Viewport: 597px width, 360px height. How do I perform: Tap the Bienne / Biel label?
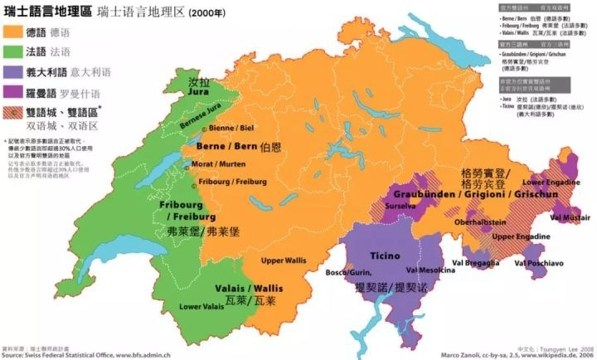(x=231, y=129)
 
